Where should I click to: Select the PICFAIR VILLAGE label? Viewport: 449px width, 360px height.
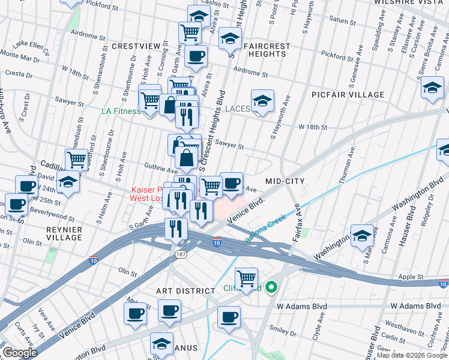[348, 95]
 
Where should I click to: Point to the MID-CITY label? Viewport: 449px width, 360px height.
[285, 181]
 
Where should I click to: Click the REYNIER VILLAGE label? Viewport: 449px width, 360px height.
[64, 233]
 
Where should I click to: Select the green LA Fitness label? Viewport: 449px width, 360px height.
[121, 111]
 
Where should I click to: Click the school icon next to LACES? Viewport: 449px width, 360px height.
[262, 101]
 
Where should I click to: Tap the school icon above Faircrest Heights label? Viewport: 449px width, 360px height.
[229, 39]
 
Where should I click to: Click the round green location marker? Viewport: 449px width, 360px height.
[271, 288]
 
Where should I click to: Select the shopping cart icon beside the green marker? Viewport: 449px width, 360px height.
[246, 279]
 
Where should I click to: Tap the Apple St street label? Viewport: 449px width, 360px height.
[411, 278]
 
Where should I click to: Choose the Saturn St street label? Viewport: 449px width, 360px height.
[342, 20]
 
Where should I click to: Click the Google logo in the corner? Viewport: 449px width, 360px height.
[20, 353]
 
